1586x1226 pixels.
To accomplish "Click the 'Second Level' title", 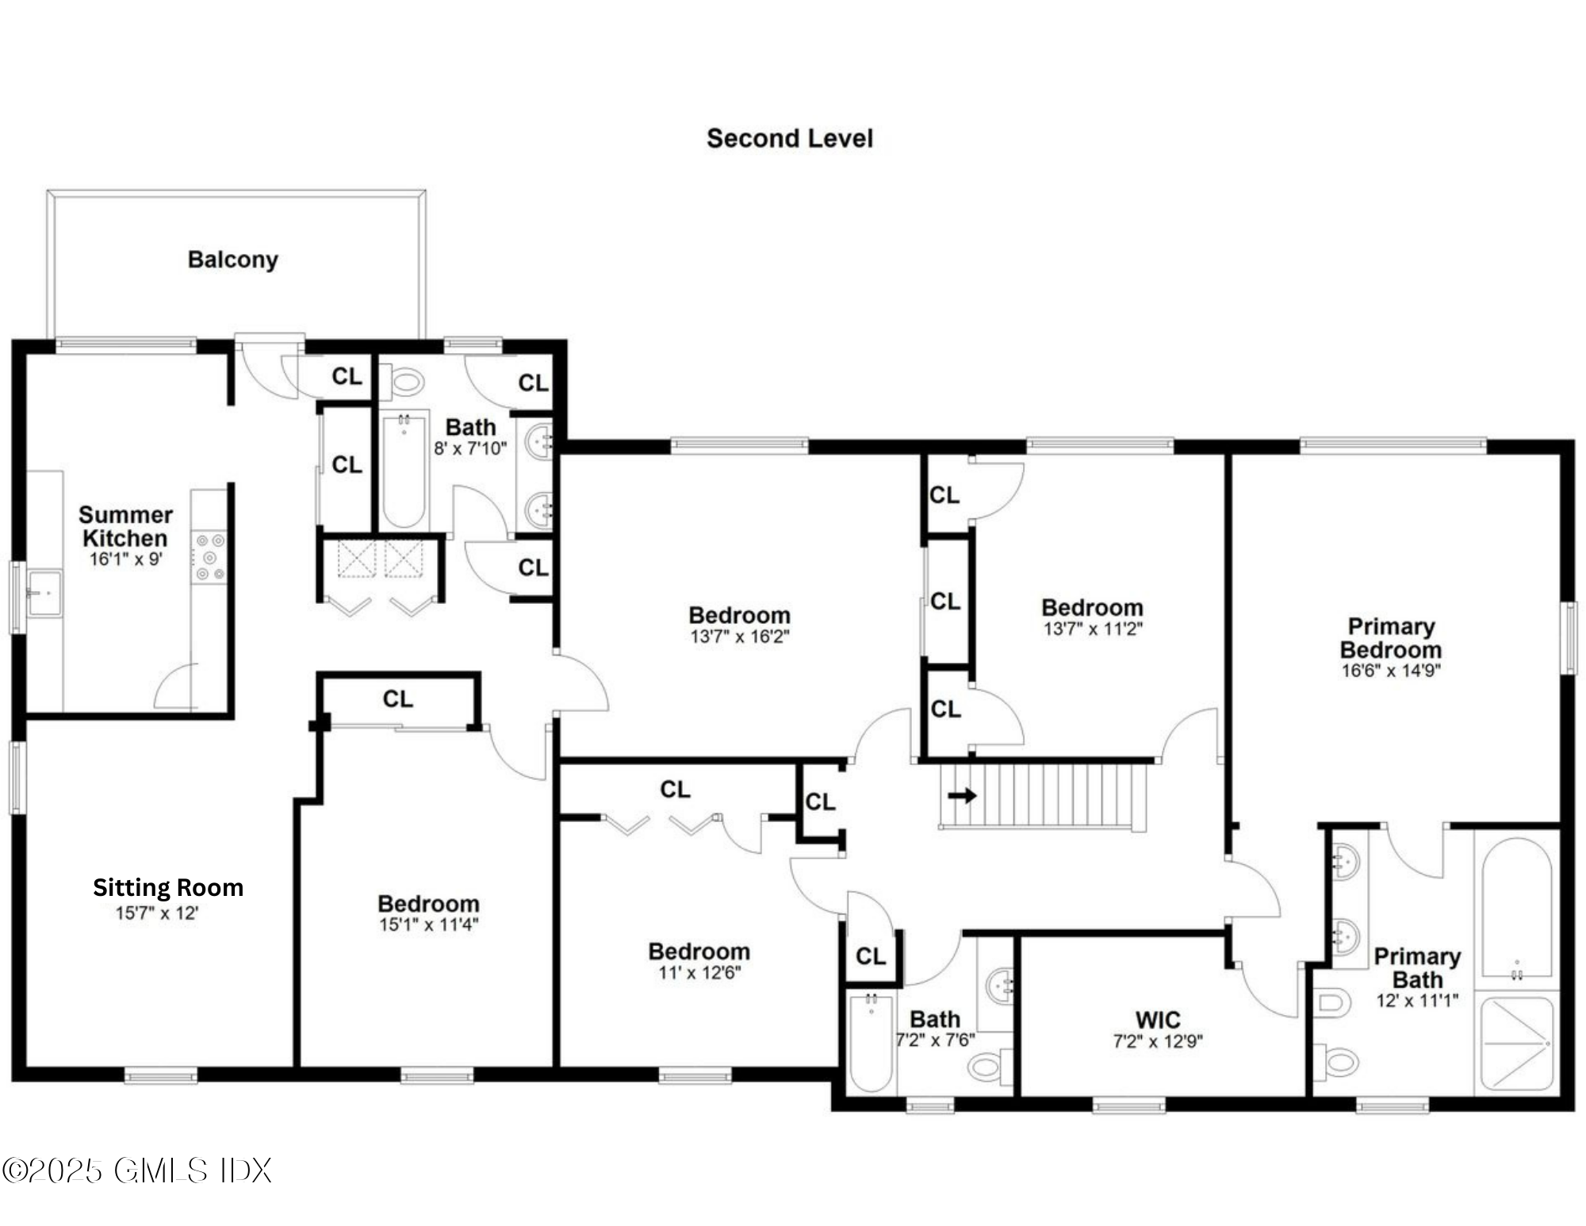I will pos(789,139).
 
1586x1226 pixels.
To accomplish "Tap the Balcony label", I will pos(232,259).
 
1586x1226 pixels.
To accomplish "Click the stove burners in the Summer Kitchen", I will pos(210,557).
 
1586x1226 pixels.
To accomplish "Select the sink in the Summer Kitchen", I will pos(44,592).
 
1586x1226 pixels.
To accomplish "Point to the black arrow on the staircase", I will pos(962,795).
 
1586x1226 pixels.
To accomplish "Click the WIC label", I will pos(1157,1020).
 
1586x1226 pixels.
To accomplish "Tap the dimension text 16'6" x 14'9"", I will pos(1390,671).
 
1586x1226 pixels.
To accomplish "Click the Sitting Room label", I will pos(167,887).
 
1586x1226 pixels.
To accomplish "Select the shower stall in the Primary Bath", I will pos(1516,1043).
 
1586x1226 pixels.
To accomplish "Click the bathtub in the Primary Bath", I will pos(1516,909).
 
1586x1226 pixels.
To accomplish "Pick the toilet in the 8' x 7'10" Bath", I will pos(406,382).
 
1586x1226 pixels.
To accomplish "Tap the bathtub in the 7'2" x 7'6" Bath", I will pos(870,1043).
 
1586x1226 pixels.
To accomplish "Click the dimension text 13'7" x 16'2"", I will pos(739,636).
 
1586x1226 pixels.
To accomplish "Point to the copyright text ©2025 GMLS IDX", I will pos(136,1170).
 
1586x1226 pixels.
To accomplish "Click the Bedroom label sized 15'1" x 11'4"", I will pos(428,904).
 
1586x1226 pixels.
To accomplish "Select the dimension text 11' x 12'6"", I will pos(699,973).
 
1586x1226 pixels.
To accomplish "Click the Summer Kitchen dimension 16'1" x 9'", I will pos(125,559).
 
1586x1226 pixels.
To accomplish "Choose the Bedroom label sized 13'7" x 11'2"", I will pos(1092,608).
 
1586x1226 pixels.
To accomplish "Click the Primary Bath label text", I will pos(1417,968).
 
